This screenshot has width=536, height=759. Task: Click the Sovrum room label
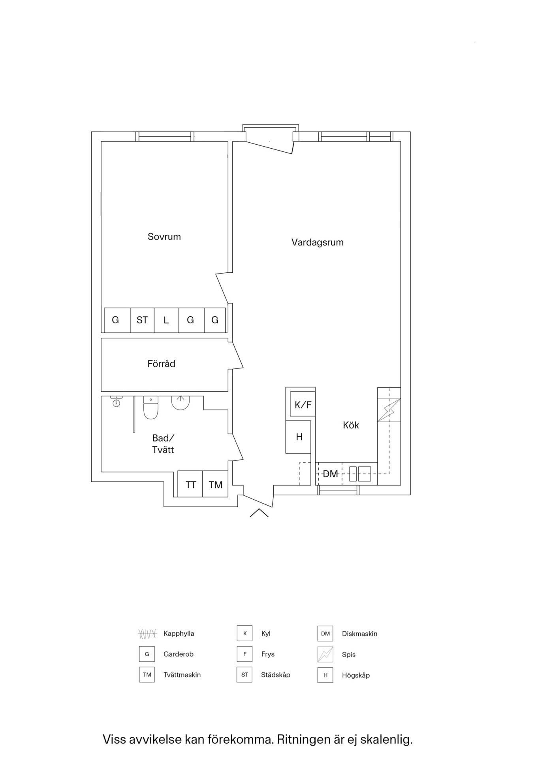tap(164, 237)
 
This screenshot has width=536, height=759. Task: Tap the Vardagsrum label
tap(318, 242)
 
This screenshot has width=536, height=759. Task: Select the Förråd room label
tap(161, 364)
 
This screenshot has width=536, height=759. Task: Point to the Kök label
tap(351, 425)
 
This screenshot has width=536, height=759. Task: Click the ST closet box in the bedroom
tap(142, 320)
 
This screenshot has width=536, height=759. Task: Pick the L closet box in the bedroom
tap(166, 320)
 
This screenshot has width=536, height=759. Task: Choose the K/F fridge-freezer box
tap(303, 404)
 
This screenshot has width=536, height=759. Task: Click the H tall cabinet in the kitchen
tap(299, 437)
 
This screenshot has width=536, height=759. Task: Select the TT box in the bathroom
tap(190, 484)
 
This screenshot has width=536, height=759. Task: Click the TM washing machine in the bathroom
tap(215, 484)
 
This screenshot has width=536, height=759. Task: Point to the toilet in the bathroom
tap(150, 408)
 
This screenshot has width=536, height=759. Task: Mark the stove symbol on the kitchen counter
tap(389, 410)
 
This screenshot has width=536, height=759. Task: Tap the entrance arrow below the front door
tap(259, 513)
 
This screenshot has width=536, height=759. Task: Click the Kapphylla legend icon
tap(147, 634)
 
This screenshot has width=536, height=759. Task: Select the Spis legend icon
tap(325, 654)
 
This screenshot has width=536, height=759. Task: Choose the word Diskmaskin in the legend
tap(360, 634)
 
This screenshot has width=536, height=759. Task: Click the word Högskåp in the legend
tap(356, 675)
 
